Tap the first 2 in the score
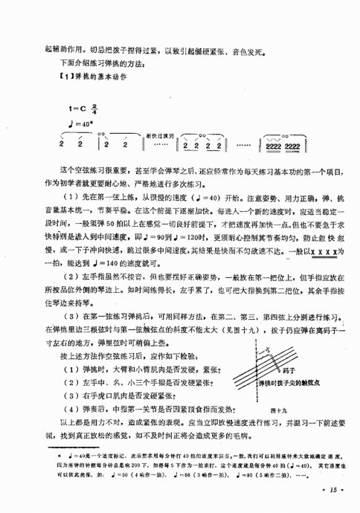(61, 146)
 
